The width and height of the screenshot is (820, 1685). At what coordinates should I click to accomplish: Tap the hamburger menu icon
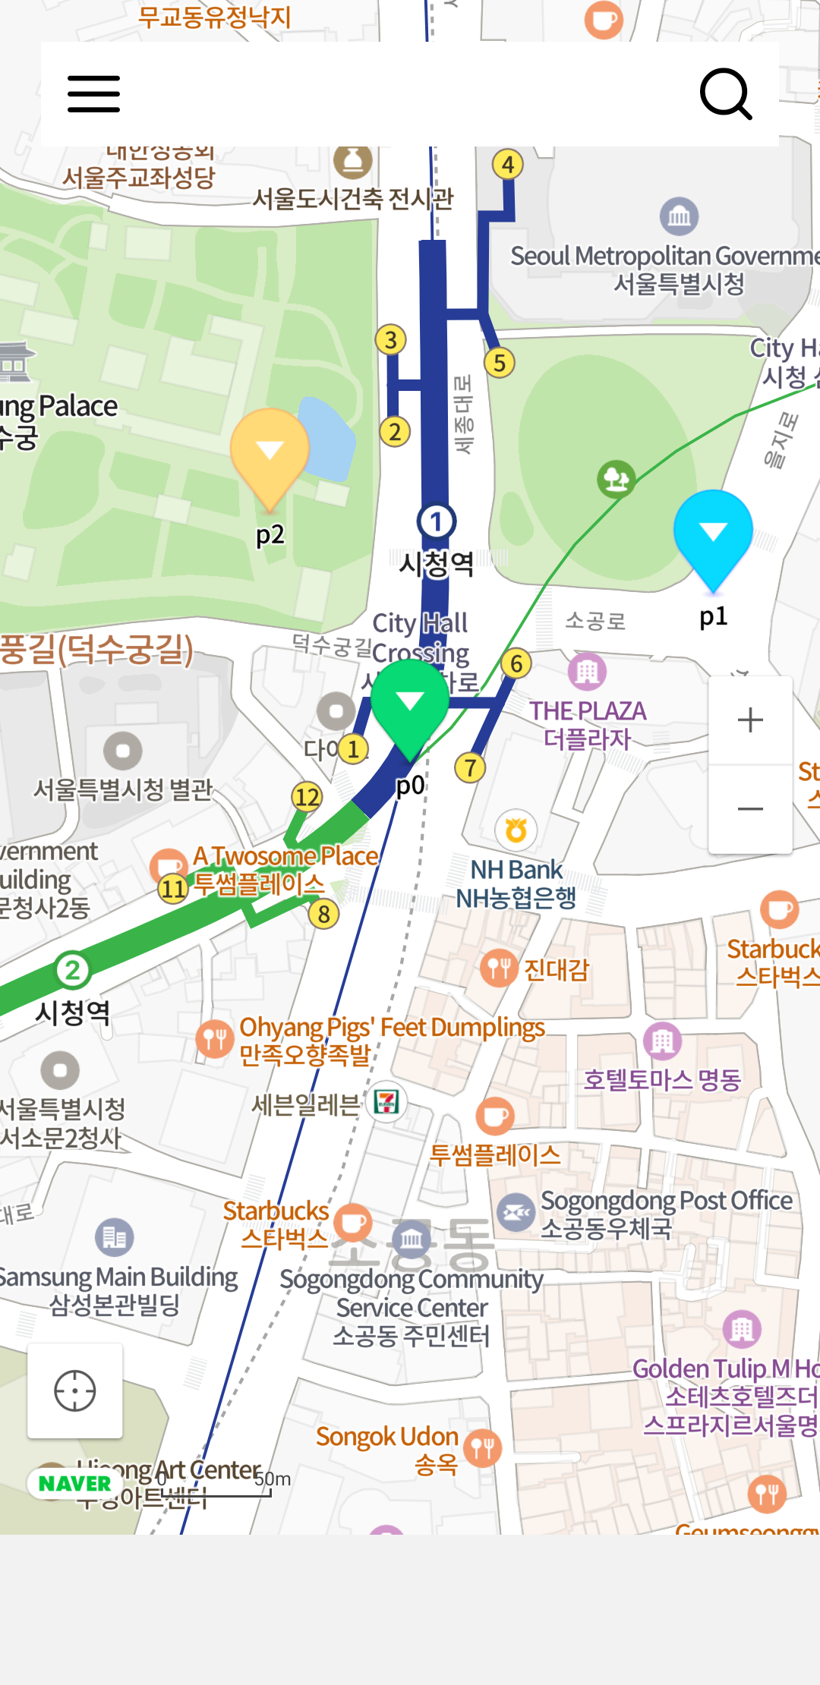tap(93, 94)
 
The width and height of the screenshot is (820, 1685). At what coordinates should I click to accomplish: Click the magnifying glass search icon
tap(725, 94)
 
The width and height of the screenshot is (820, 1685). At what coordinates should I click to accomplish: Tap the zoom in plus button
tap(750, 720)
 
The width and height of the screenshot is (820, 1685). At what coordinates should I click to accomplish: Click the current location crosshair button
tap(75, 1391)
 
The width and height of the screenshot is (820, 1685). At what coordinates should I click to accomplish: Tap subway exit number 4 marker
tap(508, 164)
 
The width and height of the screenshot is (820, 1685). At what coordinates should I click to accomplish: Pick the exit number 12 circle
tap(307, 796)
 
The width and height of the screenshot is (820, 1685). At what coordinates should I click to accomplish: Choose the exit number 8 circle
tap(324, 914)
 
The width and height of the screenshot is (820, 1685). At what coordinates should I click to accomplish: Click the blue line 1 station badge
tap(436, 521)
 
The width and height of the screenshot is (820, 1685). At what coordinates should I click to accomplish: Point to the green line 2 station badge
tap(72, 970)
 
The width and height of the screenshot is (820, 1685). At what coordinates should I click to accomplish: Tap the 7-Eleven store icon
tap(386, 1101)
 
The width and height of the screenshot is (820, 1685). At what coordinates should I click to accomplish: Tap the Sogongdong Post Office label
tap(666, 1201)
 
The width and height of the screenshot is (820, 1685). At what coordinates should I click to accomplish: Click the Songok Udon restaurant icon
tap(483, 1448)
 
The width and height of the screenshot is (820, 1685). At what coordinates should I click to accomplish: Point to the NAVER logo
tap(74, 1483)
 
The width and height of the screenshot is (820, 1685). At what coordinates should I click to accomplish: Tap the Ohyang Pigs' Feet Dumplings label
tap(392, 1028)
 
